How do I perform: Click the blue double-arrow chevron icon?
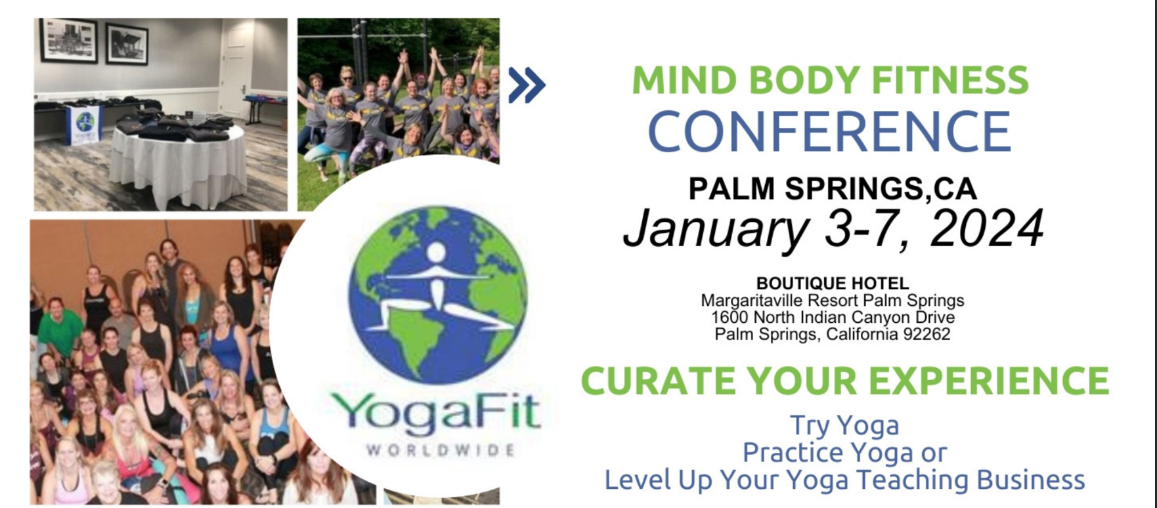coord(527,85)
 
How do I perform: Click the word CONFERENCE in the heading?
coord(829,131)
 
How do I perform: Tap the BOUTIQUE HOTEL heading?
coord(832,284)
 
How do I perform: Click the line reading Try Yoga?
coord(844,425)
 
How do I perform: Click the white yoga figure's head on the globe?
coord(436,251)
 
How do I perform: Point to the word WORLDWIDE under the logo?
coord(440,450)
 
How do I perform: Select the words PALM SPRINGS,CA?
coord(832,189)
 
